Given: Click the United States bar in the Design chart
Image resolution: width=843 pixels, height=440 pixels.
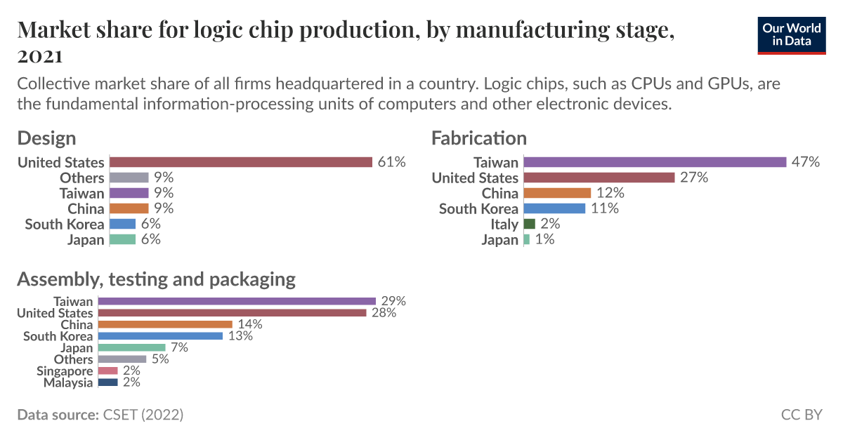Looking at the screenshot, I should point(241,162).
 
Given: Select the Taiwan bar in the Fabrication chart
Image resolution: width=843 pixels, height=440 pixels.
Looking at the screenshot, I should point(655,162).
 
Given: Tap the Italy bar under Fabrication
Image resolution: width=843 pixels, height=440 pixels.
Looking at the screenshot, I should point(530,224).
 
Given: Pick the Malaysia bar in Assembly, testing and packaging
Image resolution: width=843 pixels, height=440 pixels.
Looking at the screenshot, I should point(108,382).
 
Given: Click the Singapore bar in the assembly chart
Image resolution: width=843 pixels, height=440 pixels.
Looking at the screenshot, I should point(108,371).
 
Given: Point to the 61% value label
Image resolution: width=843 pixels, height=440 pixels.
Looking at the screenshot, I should point(392,162).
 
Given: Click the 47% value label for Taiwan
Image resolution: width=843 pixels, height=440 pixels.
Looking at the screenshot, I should point(806,162).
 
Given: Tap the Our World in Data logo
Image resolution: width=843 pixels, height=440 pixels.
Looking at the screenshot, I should point(792,35).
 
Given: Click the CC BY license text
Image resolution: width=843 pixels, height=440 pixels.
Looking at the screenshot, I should point(801,415).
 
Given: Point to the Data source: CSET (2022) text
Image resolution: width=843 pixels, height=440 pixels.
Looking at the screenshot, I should point(100,415).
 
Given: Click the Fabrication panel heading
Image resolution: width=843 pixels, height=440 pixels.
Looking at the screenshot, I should point(479,138).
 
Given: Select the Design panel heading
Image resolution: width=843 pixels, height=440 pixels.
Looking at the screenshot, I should point(46,138).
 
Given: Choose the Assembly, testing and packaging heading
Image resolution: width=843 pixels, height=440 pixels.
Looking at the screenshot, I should point(156,279).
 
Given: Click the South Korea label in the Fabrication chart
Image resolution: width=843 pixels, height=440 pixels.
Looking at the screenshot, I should point(478,208).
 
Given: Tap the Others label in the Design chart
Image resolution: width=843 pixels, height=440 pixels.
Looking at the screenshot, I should point(81,178).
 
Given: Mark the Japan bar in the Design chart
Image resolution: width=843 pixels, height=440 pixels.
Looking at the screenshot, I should point(123,239).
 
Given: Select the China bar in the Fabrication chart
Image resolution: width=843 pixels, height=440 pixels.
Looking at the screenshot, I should point(558,193).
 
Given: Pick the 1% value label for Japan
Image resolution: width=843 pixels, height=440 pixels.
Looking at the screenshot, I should point(544,239).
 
